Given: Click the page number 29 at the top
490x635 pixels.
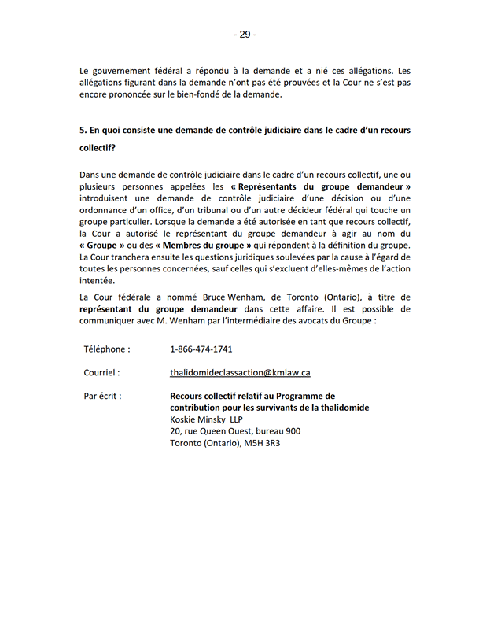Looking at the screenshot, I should point(245,35).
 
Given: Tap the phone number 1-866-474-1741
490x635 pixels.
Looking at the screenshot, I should point(201,349).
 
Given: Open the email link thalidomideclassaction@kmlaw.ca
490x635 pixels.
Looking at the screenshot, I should point(240,372).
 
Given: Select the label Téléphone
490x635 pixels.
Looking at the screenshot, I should point(107,349).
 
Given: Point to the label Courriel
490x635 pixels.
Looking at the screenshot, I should point(102,372).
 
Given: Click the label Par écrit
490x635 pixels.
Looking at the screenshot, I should point(103,396).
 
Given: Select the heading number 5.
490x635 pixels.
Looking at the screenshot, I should point(83,130).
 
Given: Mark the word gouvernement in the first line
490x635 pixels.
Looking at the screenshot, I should point(124,71).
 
